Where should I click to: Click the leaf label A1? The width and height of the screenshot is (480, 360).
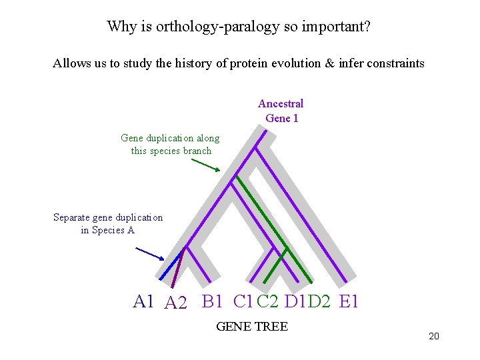143,302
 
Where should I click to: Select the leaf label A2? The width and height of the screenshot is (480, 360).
176,303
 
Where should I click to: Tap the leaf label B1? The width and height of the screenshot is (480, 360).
212,302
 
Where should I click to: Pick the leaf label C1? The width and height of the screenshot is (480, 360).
243,302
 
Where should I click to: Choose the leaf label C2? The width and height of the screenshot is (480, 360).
267,302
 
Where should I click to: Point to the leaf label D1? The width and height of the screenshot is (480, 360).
294,302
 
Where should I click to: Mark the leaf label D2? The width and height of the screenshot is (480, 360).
319,302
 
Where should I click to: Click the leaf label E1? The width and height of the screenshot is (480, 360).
349,302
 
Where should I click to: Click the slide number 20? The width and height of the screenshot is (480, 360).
434,336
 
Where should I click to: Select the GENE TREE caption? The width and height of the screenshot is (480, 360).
252,327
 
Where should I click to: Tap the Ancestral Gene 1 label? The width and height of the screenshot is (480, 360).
281,111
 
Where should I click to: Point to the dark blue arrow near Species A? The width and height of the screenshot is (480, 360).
150,253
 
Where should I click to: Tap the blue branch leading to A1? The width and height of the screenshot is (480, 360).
172,263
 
